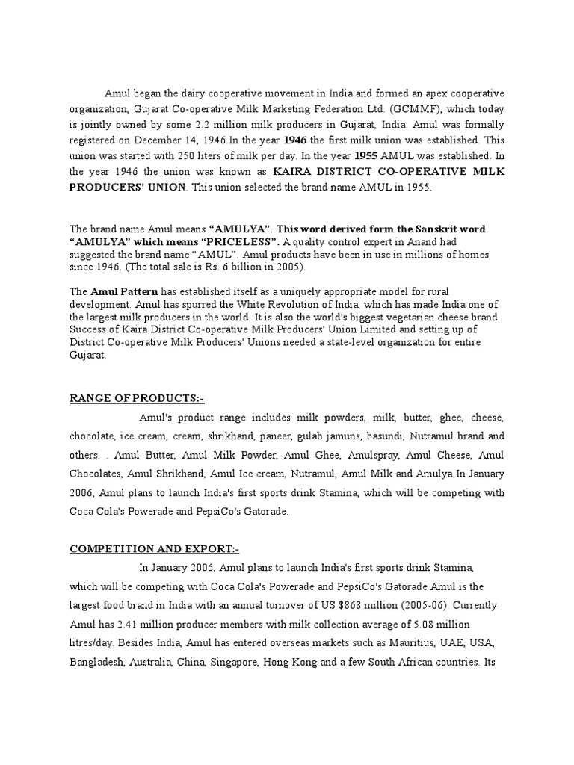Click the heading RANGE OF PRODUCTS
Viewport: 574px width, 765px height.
[x=137, y=399]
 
